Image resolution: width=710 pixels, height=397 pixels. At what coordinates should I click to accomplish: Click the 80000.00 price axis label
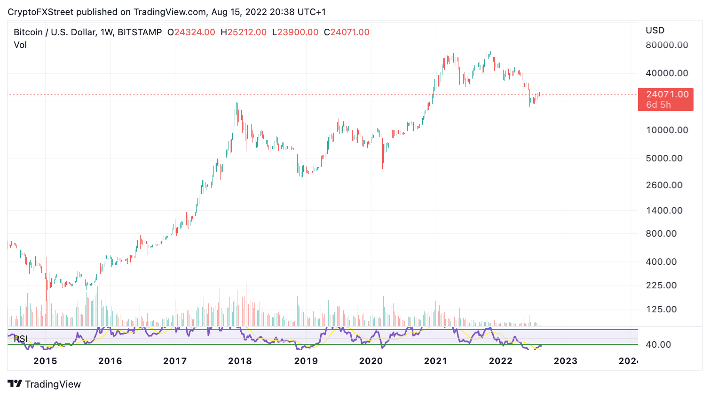pyautogui.click(x=667, y=45)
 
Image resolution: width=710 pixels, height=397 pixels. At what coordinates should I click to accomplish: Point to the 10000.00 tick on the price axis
pyautogui.click(x=667, y=130)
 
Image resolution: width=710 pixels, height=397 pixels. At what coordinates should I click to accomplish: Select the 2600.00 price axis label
pyautogui.click(x=664, y=185)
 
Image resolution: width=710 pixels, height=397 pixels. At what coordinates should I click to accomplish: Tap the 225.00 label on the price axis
pyautogui.click(x=661, y=286)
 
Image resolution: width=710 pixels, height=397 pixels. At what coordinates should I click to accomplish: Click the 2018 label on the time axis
pyautogui.click(x=240, y=361)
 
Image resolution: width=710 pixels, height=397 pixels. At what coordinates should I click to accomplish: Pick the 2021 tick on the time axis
pyautogui.click(x=435, y=361)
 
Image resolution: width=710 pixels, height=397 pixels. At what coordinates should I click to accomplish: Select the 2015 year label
pyautogui.click(x=45, y=361)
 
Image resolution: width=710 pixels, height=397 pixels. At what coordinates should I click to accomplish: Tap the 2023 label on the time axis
pyautogui.click(x=565, y=361)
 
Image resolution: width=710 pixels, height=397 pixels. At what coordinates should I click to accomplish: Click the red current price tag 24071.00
pyautogui.click(x=667, y=95)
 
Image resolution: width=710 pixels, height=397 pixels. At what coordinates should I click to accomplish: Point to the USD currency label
pyautogui.click(x=655, y=31)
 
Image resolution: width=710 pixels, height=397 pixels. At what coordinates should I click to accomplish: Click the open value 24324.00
pyautogui.click(x=195, y=32)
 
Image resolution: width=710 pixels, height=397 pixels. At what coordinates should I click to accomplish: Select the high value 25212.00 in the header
pyautogui.click(x=247, y=32)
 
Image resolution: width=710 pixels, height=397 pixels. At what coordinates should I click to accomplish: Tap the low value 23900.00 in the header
pyautogui.click(x=298, y=32)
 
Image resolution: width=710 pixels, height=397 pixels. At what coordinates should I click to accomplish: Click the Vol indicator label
pyautogui.click(x=20, y=45)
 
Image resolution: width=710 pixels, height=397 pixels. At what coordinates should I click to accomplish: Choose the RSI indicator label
pyautogui.click(x=20, y=339)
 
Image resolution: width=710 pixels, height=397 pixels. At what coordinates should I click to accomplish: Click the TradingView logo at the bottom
pyautogui.click(x=45, y=384)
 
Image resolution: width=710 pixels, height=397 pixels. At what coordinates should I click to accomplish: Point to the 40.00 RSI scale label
pyautogui.click(x=658, y=345)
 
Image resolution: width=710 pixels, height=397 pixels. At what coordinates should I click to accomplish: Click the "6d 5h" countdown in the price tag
pyautogui.click(x=658, y=105)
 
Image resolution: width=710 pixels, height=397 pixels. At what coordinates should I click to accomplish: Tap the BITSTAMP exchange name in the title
pyautogui.click(x=140, y=32)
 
